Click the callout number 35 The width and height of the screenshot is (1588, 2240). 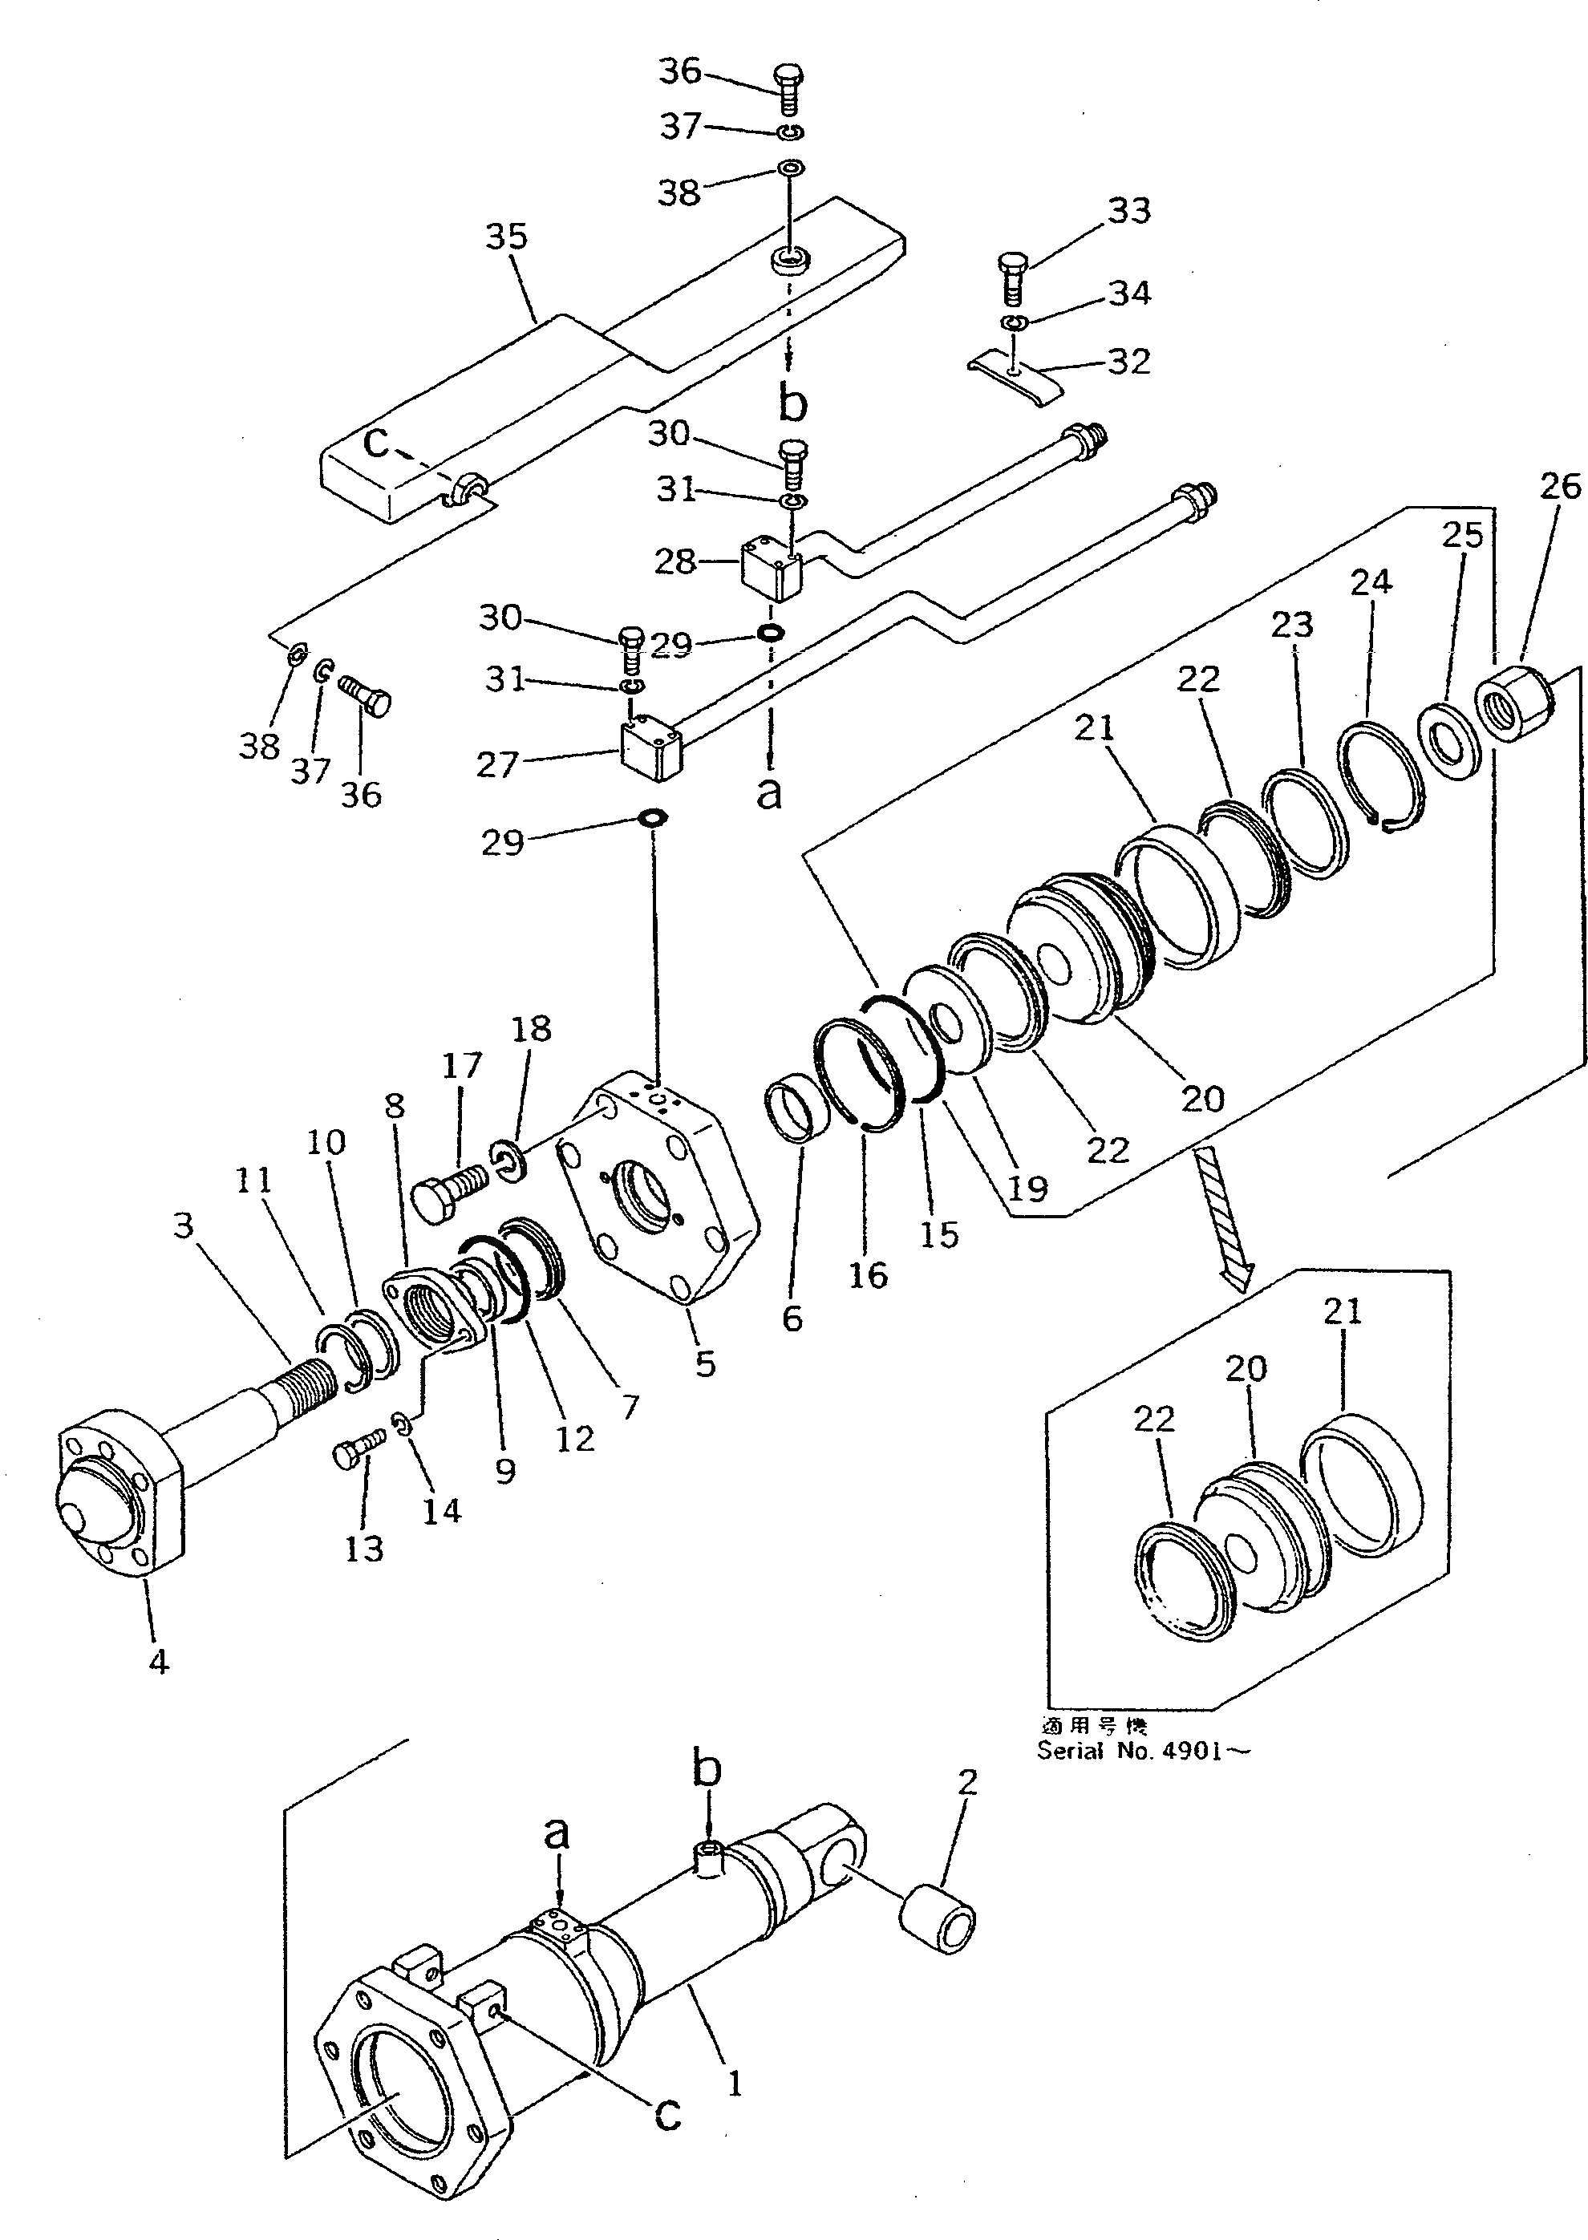[507, 237]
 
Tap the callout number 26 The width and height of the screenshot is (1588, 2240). [1560, 486]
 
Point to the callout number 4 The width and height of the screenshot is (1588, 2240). [159, 1661]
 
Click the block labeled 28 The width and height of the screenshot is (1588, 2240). [772, 572]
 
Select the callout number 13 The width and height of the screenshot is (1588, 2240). [364, 1549]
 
